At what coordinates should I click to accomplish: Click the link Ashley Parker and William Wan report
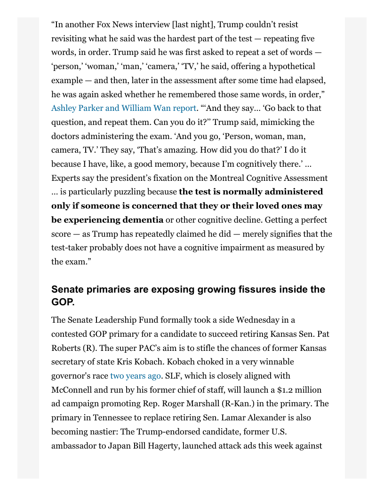pyautogui.click(x=123, y=108)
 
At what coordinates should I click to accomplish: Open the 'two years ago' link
pyautogui.click(x=136, y=376)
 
